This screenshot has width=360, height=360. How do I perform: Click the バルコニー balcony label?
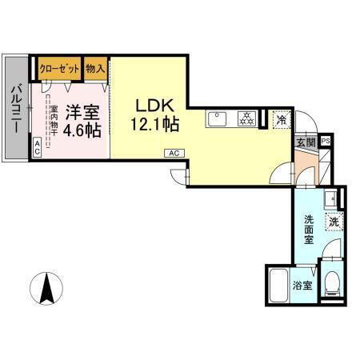pyautogui.click(x=15, y=107)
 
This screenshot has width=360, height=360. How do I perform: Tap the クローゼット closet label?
pyautogui.click(x=58, y=67)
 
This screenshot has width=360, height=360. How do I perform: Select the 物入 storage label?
pyautogui.click(x=95, y=67)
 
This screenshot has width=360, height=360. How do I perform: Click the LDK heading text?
pyautogui.click(x=153, y=105)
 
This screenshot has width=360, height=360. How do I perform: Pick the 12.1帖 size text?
pyautogui.click(x=153, y=124)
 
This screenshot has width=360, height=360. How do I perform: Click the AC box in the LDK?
pyautogui.click(x=173, y=152)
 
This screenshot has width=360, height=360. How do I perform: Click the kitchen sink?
pyautogui.click(x=218, y=120)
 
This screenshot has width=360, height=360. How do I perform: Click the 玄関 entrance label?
pyautogui.click(x=306, y=142)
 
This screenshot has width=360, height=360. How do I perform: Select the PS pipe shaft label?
pyautogui.click(x=325, y=141)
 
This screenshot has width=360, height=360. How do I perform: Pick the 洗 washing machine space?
pyautogui.click(x=331, y=222)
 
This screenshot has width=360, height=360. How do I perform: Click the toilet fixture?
pyautogui.click(x=332, y=282)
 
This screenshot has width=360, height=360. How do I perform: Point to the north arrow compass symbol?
pyautogui.click(x=46, y=290)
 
